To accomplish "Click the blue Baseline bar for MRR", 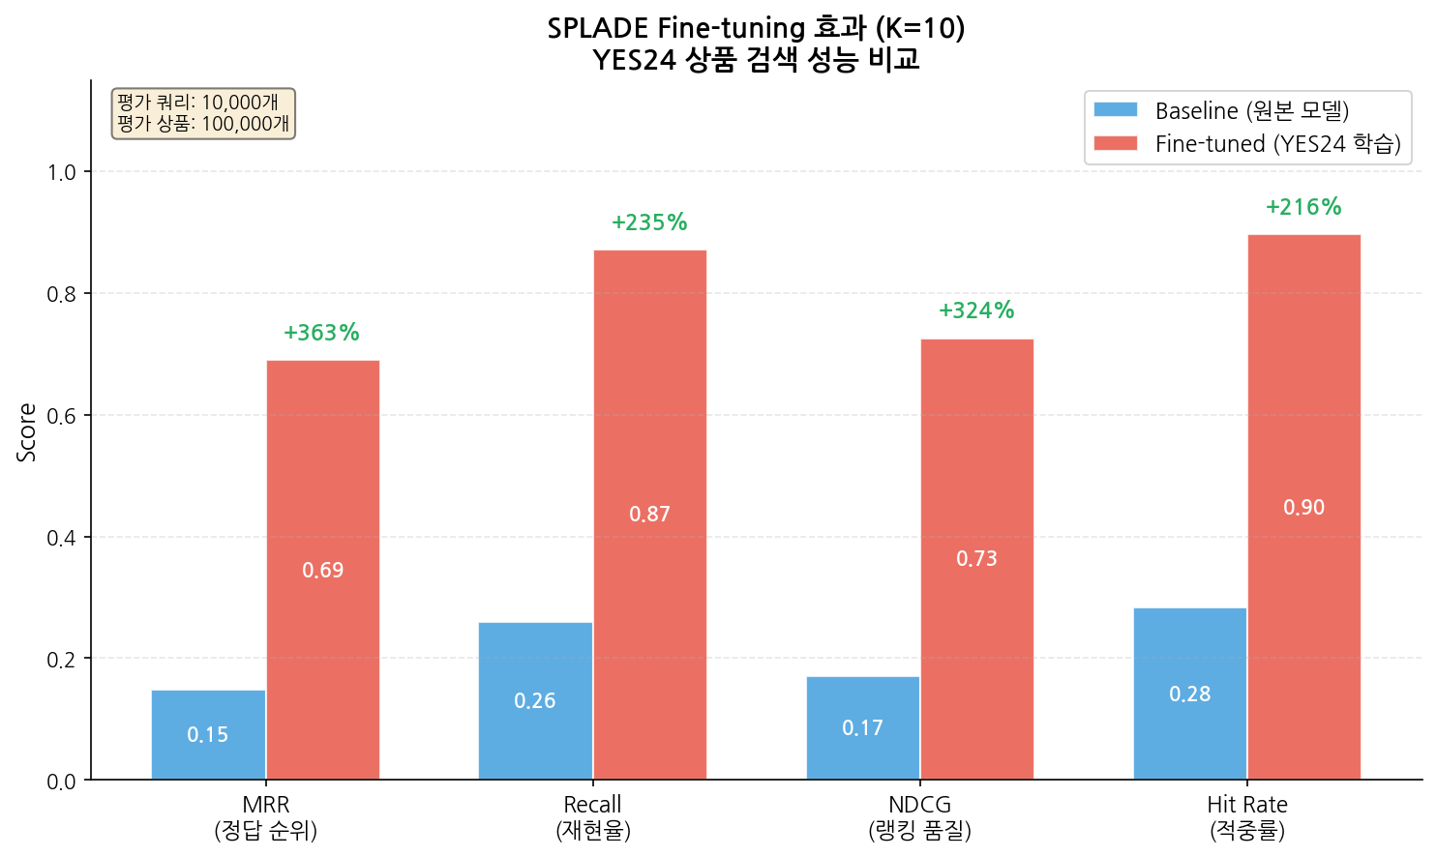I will [x=208, y=734].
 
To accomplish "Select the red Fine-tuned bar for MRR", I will [x=322, y=570].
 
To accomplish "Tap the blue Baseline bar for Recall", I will [x=535, y=700].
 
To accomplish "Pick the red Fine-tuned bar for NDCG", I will [x=976, y=559].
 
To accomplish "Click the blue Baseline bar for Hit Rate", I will [x=1189, y=694].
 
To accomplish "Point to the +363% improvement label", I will [x=321, y=333].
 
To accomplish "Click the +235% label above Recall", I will [x=649, y=222].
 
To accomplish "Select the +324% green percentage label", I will [x=976, y=310].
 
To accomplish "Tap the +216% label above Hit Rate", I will [x=1303, y=207].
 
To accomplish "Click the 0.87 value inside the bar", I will [x=649, y=515].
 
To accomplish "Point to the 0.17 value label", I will [x=862, y=728].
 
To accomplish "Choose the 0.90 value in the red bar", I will [x=1303, y=508].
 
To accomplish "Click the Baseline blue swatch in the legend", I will [x=1115, y=110].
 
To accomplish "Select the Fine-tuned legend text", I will [x=1277, y=144].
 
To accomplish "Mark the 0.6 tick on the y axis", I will [x=61, y=416].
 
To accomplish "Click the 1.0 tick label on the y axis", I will [x=61, y=172].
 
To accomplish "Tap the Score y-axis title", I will [x=27, y=432].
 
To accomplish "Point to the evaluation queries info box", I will [x=203, y=113].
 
